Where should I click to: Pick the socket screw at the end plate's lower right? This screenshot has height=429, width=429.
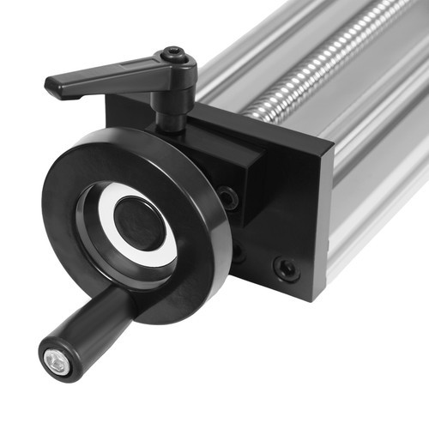coord(286,269)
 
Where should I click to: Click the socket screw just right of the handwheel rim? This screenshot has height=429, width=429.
coord(227,198)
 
